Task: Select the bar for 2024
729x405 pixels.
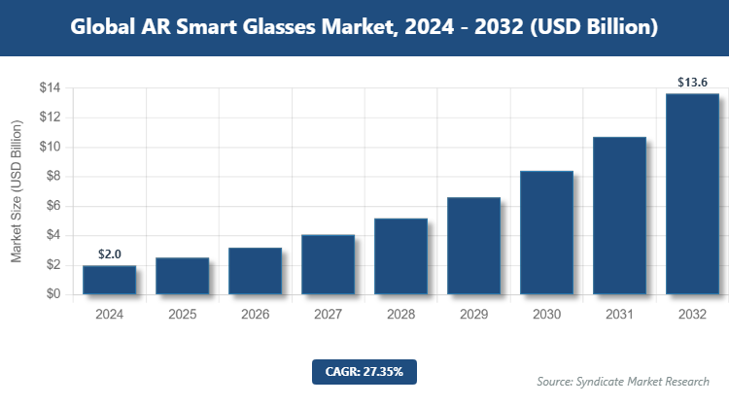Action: [x=109, y=280]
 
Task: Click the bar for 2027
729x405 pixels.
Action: [x=328, y=264]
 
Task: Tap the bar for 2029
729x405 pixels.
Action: [x=473, y=246]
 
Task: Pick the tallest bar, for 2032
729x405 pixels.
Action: [x=692, y=194]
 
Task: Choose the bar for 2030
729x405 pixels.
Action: [x=546, y=233]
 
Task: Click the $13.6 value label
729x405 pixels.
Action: [x=692, y=82]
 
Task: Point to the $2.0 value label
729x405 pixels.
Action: [x=109, y=254]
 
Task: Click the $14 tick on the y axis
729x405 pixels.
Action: [x=50, y=88]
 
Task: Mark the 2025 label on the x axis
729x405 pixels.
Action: [x=182, y=315]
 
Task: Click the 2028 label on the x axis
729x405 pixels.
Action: [x=400, y=315]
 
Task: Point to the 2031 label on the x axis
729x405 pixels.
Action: [x=619, y=315]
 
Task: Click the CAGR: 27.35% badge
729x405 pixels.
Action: [x=364, y=371]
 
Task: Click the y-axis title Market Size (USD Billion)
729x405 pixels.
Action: [x=17, y=191]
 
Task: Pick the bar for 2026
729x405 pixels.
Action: [x=255, y=271]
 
